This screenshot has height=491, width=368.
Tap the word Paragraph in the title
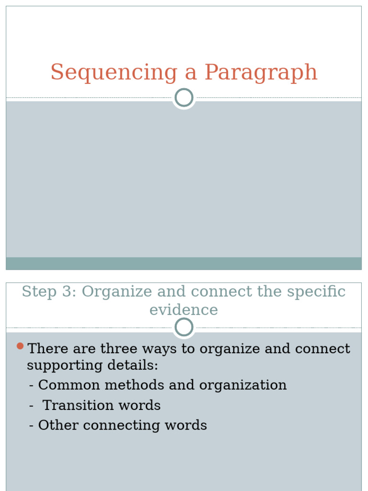tap(261, 73)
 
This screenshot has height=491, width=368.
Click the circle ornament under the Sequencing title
tap(184, 98)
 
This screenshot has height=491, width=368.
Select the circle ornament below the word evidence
tap(184, 327)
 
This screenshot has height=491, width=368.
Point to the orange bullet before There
tap(20, 346)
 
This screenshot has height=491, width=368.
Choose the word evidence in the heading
tap(184, 310)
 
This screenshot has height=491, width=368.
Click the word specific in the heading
tap(317, 292)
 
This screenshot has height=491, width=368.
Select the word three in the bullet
tap(114, 349)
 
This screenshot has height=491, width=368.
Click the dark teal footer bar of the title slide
tap(184, 263)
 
